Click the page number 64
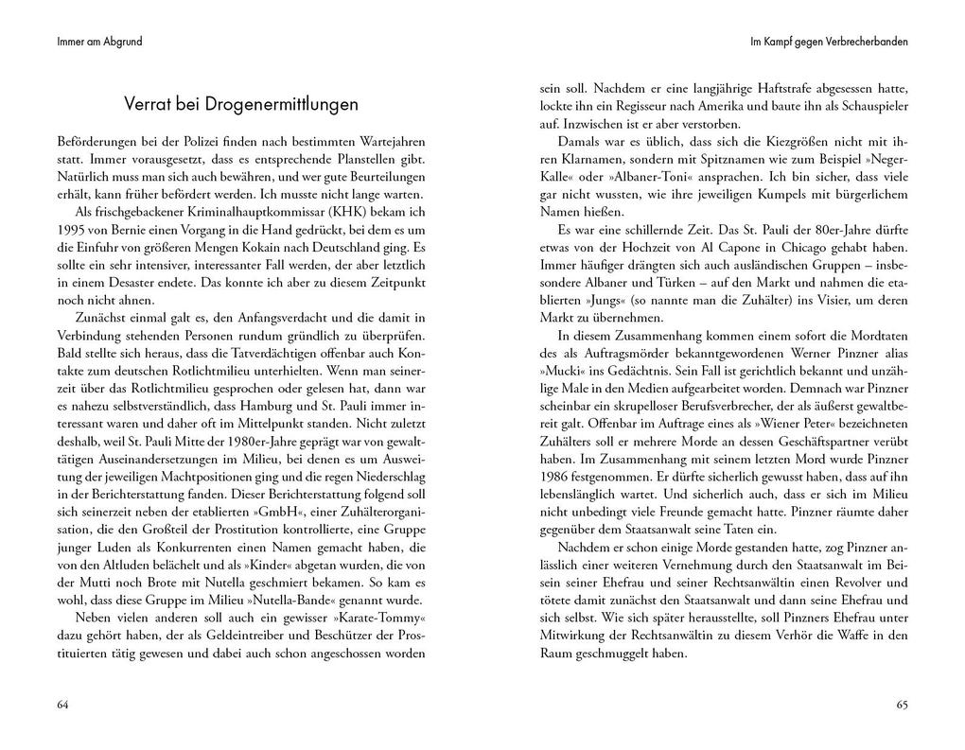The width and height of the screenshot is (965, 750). pyautogui.click(x=63, y=705)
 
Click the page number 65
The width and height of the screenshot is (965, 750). pyautogui.click(x=901, y=705)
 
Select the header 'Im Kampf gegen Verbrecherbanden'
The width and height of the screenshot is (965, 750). pyautogui.click(x=829, y=42)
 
